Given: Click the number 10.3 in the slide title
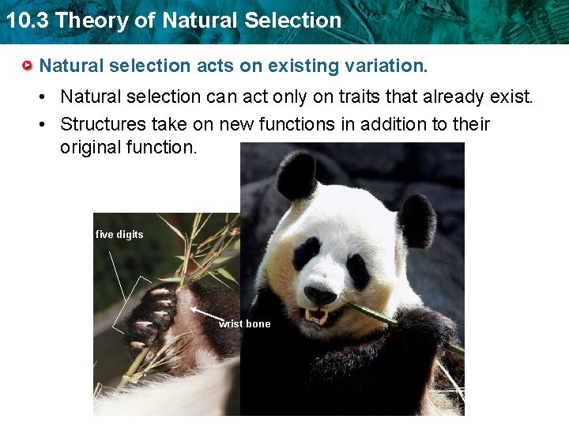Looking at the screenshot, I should pyautogui.click(x=28, y=21).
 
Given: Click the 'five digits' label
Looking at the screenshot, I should pyautogui.click(x=119, y=234).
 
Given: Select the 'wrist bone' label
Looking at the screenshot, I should pyautogui.click(x=245, y=323).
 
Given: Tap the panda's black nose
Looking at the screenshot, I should pyautogui.click(x=319, y=295).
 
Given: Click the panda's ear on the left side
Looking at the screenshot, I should pyautogui.click(x=297, y=175).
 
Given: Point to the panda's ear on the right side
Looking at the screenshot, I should pyautogui.click(x=416, y=220).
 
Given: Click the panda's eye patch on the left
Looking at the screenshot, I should pyautogui.click(x=305, y=253).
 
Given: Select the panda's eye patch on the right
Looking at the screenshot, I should pyautogui.click(x=357, y=271).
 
